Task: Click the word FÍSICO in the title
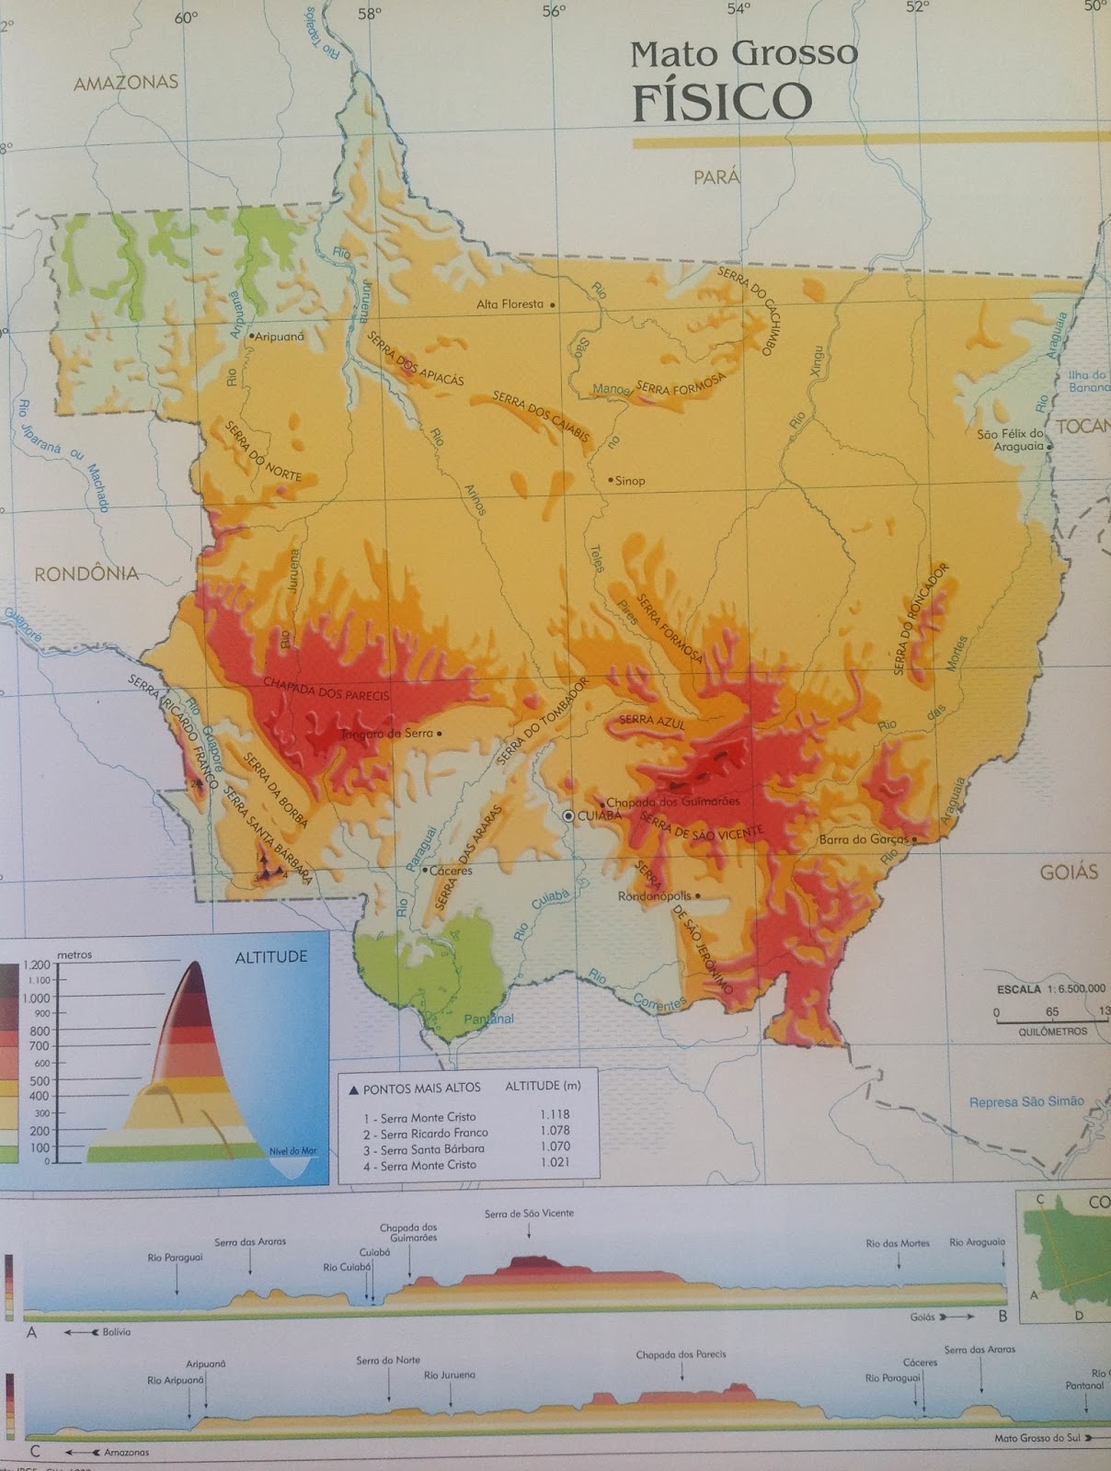[722, 100]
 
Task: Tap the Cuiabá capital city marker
[569, 815]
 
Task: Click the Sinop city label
[630, 480]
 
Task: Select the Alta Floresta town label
[510, 303]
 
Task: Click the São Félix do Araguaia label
[1011, 439]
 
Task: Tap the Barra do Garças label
[864, 838]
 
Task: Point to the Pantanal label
[488, 1019]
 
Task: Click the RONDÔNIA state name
[86, 574]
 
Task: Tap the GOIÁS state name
[1069, 872]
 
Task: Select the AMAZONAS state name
[125, 82]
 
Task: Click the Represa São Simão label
[1026, 1101]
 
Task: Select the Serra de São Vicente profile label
[529, 1214]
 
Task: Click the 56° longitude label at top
[553, 10]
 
